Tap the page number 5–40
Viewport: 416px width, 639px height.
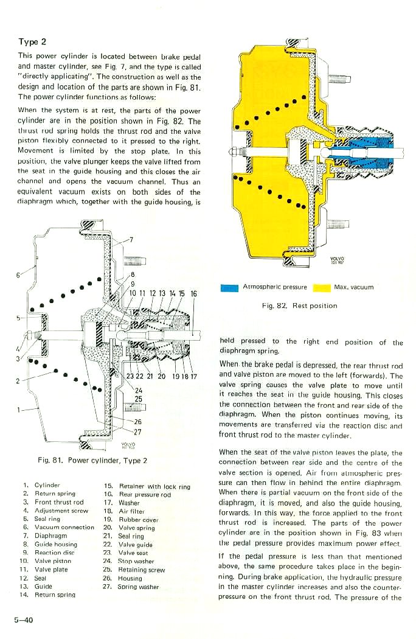point(24,620)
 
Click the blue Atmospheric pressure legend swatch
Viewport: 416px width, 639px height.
point(230,287)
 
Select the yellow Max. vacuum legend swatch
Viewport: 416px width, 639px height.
point(321,287)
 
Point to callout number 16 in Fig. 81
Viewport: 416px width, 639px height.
point(193,294)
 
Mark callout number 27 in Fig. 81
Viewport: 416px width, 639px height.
point(137,432)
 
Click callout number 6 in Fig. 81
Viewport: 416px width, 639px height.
point(19,274)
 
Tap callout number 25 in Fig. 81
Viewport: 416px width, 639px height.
point(138,399)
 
